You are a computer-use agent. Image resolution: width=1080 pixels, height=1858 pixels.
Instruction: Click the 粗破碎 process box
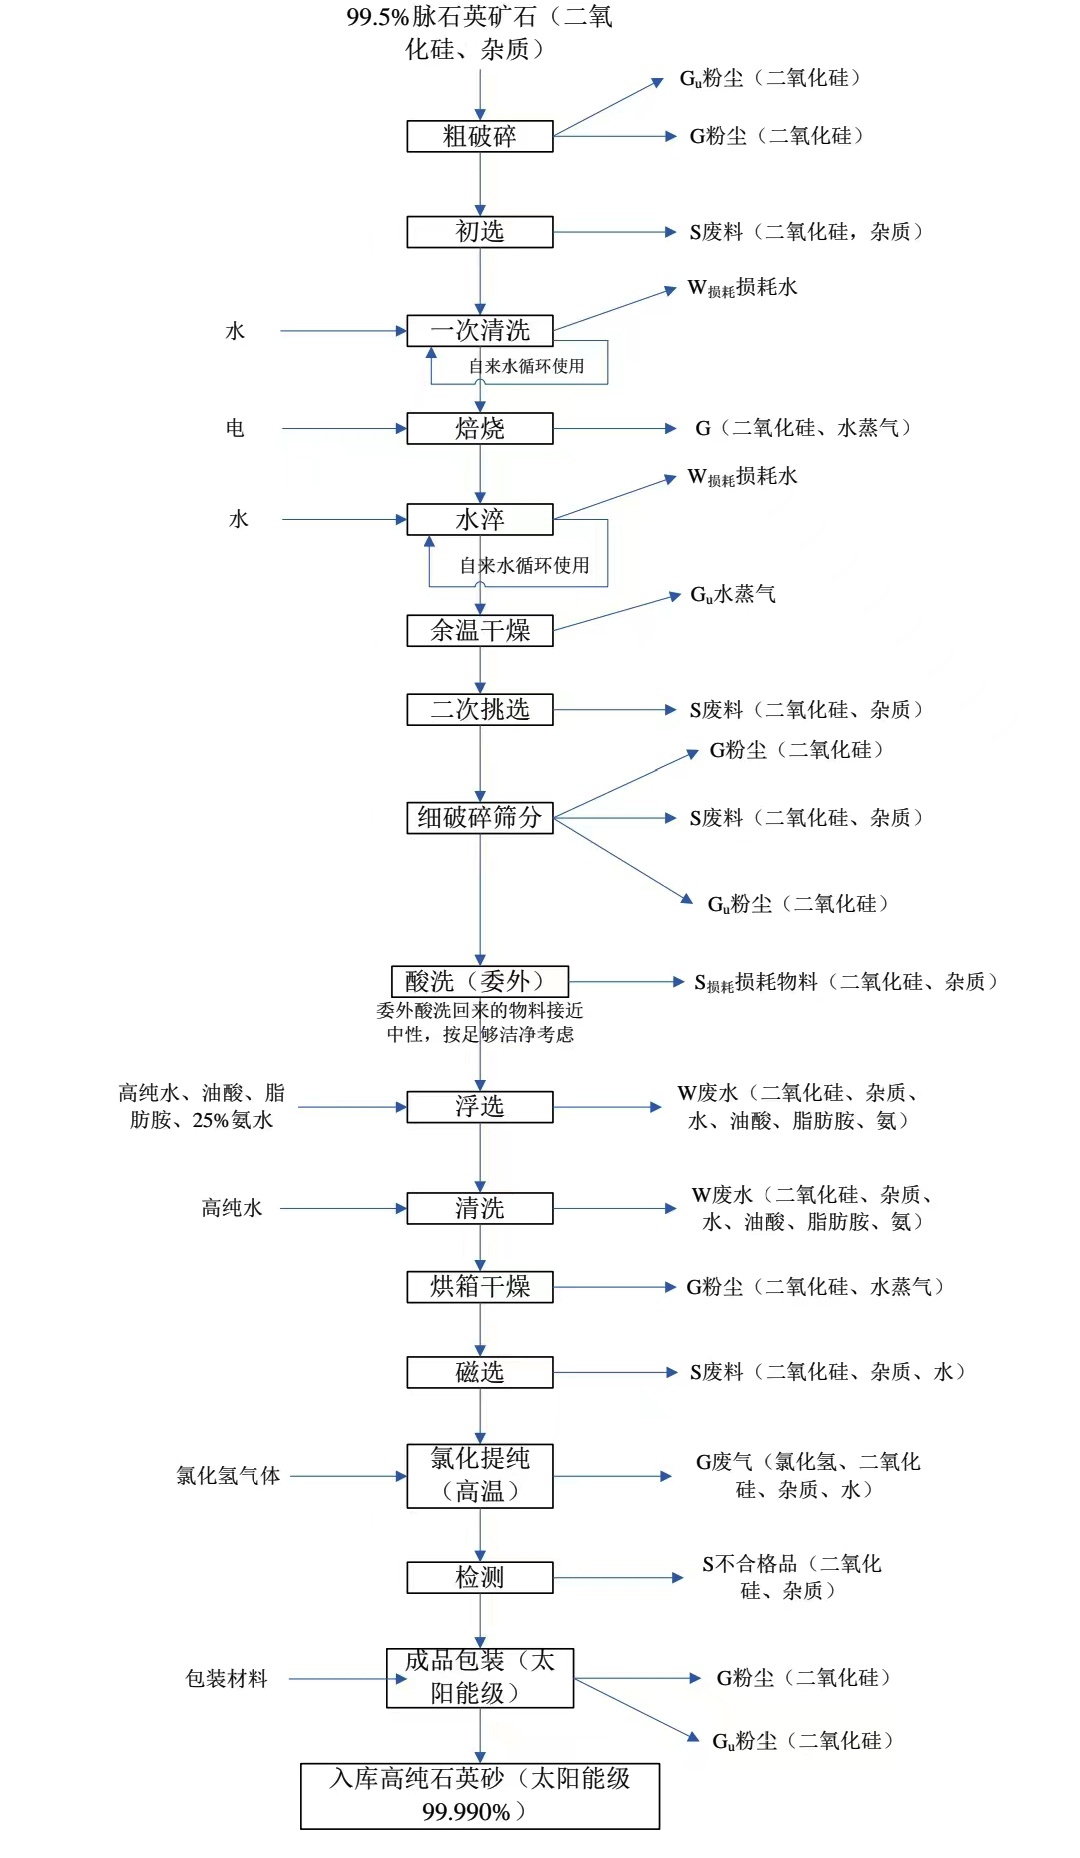[x=479, y=136]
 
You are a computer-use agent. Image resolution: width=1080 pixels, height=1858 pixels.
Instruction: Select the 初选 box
[x=479, y=232]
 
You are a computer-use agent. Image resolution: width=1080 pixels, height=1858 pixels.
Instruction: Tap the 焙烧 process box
[x=479, y=428]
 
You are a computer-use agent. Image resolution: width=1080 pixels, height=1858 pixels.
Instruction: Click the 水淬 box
[x=479, y=520]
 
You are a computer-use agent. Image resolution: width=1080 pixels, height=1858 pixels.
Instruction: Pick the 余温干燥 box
[x=479, y=630]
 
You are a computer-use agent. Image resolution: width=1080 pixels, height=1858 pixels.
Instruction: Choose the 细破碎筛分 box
[x=479, y=817]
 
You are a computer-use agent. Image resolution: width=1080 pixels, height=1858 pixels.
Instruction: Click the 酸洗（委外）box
[x=479, y=980]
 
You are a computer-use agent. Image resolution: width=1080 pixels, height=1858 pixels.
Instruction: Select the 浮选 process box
[x=479, y=1107]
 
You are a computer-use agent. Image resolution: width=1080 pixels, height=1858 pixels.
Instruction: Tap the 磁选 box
[x=479, y=1372]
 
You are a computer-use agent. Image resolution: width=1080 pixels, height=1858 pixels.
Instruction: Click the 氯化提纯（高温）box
[x=479, y=1475]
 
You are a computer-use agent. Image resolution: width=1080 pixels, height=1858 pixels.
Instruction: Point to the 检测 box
[x=479, y=1577]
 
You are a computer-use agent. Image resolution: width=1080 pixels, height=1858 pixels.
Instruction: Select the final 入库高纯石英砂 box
[x=479, y=1795]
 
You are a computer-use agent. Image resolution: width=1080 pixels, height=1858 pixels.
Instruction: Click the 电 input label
[x=235, y=428]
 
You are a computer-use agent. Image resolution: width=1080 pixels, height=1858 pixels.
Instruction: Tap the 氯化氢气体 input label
[x=228, y=1475]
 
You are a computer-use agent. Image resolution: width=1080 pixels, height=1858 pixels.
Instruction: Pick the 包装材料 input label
[x=227, y=1678]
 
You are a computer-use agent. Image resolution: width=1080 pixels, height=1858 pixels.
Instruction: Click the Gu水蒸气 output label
[x=733, y=595]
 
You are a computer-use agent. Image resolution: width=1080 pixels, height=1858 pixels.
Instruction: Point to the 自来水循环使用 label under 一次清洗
[x=526, y=366]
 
